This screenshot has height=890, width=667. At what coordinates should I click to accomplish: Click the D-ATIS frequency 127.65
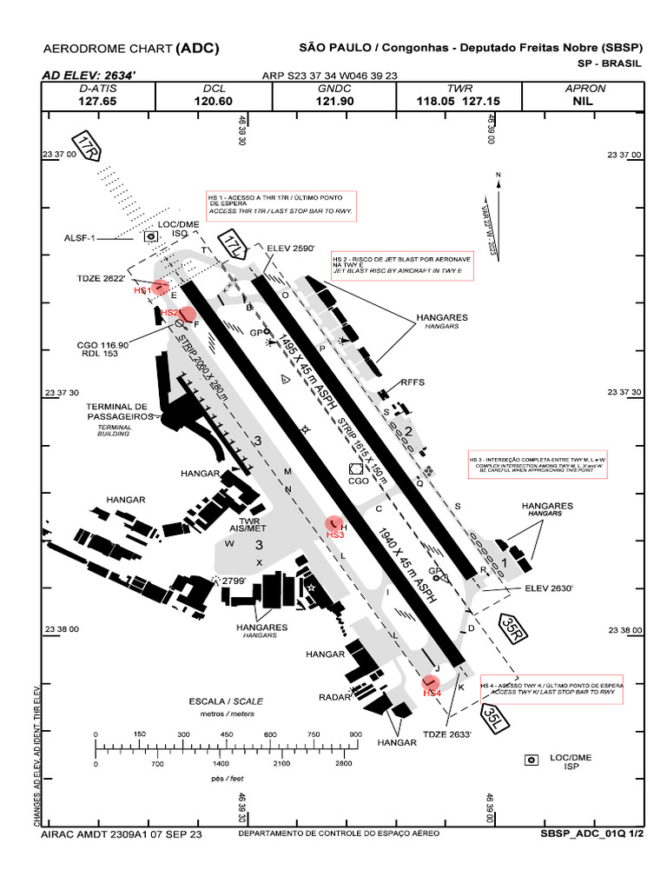[x=97, y=101]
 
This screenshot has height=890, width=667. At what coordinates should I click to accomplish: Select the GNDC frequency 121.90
[x=335, y=101]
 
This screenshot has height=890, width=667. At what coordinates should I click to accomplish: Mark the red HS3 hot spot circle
[x=333, y=522]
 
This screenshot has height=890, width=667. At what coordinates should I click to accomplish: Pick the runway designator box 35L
[x=493, y=717]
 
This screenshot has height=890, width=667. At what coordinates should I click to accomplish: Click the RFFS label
[x=411, y=382]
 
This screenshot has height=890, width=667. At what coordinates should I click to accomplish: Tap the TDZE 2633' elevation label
[x=446, y=734]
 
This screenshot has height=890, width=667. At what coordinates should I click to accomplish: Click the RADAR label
[x=334, y=697]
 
